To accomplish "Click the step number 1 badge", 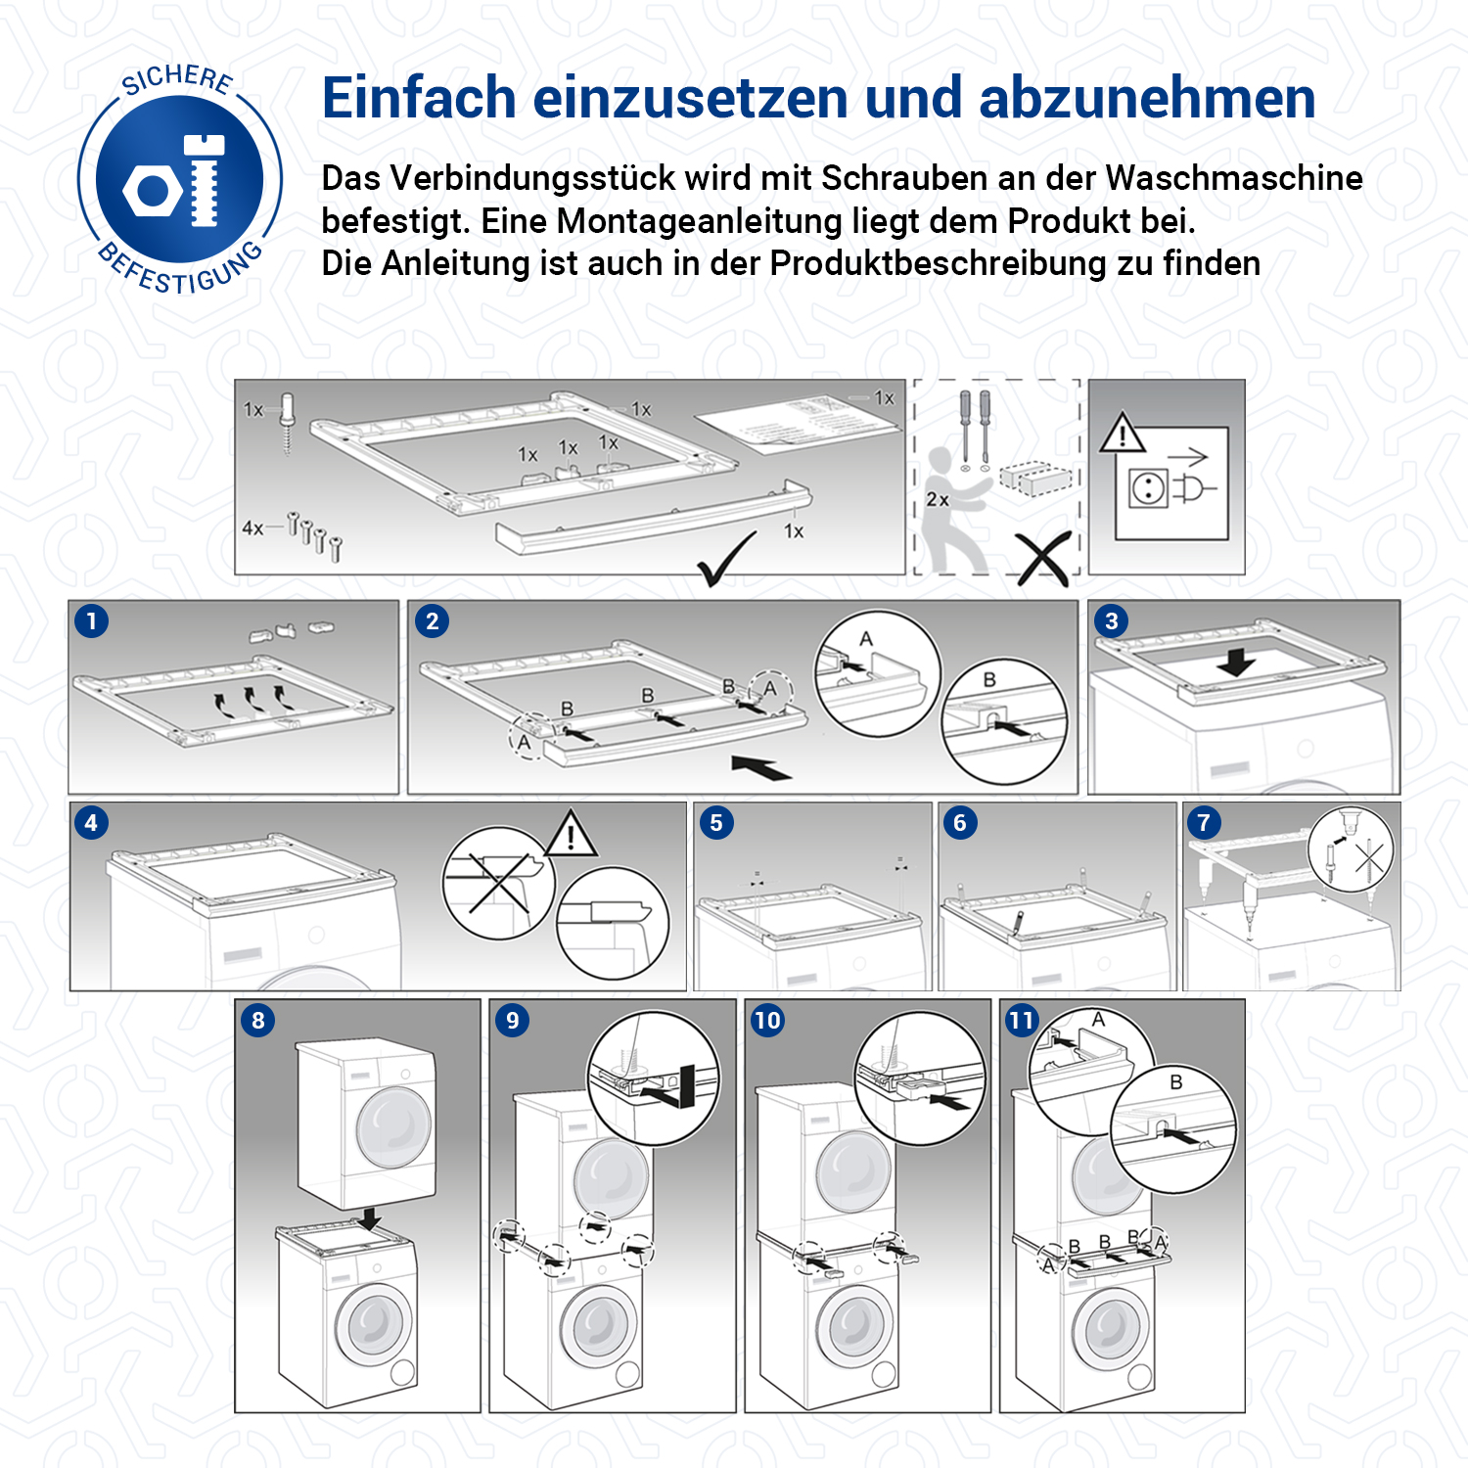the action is click(x=92, y=621).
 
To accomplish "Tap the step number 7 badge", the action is click(x=1204, y=823).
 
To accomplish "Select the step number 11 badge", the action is click(x=1022, y=1021).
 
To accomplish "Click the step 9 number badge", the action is click(x=513, y=1021).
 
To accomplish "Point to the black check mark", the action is click(x=726, y=559).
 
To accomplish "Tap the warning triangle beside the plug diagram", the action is click(x=1123, y=433).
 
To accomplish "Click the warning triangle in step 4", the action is click(x=571, y=833).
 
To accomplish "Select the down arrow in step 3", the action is click(x=1237, y=662).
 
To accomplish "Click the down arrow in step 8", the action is click(x=369, y=1218).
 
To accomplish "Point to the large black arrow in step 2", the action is click(x=761, y=767).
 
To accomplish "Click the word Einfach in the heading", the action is click(x=419, y=98).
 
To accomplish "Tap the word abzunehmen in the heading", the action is click(x=1147, y=99).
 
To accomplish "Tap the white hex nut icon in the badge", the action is click(x=153, y=191).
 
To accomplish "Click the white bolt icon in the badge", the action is click(x=205, y=181).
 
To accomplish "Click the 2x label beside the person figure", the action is click(x=938, y=500).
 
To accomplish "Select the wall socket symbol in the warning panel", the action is click(x=1147, y=487).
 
